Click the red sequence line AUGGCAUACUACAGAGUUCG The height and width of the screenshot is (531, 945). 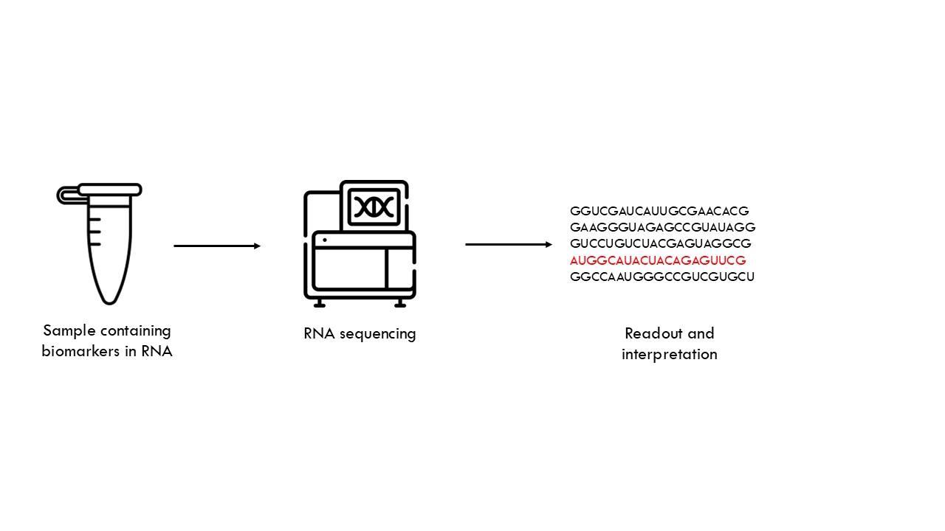tap(658, 260)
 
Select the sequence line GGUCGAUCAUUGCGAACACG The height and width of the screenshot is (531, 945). tap(659, 211)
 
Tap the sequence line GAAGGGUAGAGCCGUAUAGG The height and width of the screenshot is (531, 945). tap(662, 227)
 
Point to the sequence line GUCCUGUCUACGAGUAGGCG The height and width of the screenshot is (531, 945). tap(661, 243)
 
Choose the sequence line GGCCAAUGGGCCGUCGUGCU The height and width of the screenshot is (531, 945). tap(662, 277)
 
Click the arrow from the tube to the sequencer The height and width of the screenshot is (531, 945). tap(217, 246)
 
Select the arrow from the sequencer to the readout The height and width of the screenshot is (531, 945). tap(509, 244)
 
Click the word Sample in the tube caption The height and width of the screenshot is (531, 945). tap(69, 331)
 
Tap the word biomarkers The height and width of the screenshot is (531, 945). tap(80, 352)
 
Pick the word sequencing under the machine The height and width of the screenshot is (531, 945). tap(377, 334)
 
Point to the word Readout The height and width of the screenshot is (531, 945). tap(653, 333)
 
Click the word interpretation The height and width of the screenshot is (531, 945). tap(670, 355)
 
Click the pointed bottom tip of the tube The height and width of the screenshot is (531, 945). tap(109, 302)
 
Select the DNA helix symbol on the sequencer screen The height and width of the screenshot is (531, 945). tap(374, 207)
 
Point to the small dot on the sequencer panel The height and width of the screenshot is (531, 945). tap(324, 240)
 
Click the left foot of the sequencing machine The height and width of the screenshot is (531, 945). tap(320, 303)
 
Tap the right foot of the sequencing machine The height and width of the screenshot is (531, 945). tap(400, 303)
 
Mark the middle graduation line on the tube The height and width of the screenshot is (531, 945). tap(94, 232)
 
